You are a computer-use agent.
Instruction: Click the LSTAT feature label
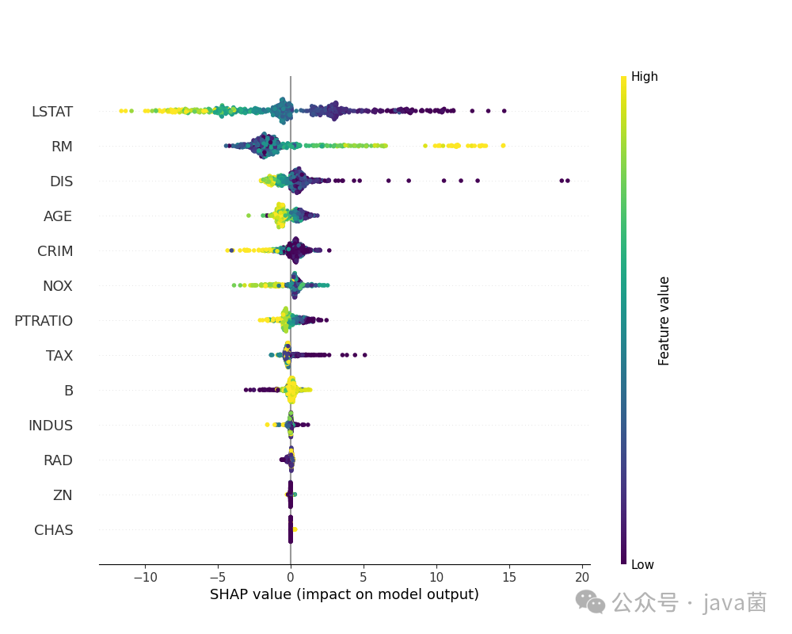click(52, 112)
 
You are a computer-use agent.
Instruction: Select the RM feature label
click(62, 147)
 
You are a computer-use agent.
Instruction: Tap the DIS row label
click(61, 181)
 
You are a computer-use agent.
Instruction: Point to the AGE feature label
click(58, 216)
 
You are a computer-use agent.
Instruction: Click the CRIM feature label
click(55, 251)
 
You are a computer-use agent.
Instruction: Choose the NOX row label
click(57, 286)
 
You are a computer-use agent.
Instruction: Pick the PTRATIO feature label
click(44, 321)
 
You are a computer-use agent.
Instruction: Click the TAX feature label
click(59, 356)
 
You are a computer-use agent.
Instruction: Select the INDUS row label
click(51, 426)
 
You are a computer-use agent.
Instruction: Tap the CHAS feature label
click(54, 530)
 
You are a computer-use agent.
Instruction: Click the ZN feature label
click(63, 495)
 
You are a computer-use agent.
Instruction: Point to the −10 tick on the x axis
click(144, 576)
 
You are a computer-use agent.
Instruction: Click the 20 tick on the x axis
click(582, 576)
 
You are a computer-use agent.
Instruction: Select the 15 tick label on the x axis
click(509, 576)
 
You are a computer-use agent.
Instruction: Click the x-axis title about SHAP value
click(345, 594)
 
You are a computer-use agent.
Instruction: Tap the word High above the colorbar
click(644, 77)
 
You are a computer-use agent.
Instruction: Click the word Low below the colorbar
click(642, 565)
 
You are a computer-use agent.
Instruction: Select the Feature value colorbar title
click(664, 321)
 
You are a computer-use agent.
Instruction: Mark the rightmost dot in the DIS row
click(567, 181)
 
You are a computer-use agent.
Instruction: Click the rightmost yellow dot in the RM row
click(503, 145)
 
